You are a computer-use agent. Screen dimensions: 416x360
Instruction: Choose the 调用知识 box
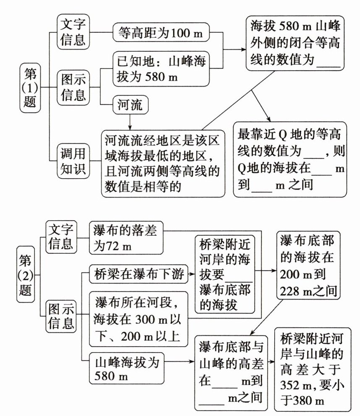[73, 161]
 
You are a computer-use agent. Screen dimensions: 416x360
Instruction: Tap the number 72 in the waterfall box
[113, 245]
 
